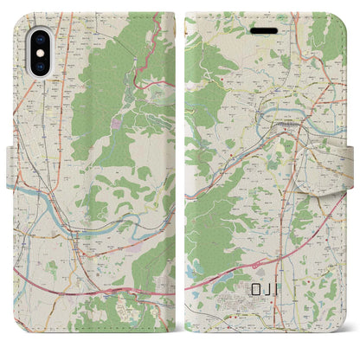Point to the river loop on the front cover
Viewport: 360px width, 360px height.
coord(290,112)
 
